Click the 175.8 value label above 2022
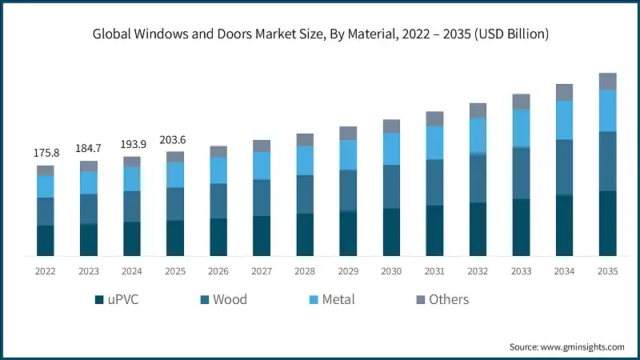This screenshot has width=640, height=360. pyautogui.click(x=46, y=153)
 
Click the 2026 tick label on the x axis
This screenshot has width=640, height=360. pyautogui.click(x=218, y=271)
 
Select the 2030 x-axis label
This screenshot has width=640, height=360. pyautogui.click(x=391, y=271)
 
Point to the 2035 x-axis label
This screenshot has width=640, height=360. pyautogui.click(x=608, y=271)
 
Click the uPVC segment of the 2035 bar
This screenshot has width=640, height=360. pyautogui.click(x=608, y=223)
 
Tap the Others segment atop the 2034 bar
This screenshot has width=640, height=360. pyautogui.click(x=565, y=92)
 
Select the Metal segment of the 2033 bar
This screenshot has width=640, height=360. pyautogui.click(x=522, y=128)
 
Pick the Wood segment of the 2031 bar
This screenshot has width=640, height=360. pyautogui.click(x=434, y=182)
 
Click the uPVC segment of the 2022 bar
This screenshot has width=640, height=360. pyautogui.click(x=46, y=241)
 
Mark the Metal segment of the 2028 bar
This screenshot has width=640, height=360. pyautogui.click(x=305, y=160)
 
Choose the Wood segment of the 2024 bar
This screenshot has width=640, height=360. pyautogui.click(x=132, y=206)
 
